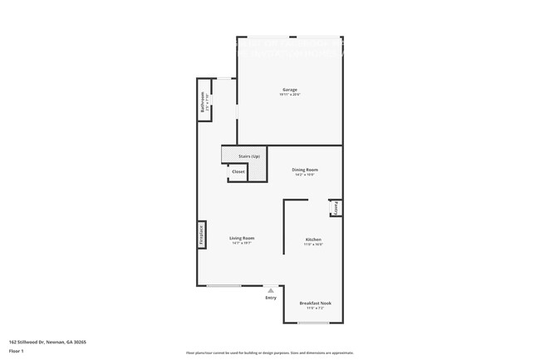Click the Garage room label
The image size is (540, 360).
pos(289,90)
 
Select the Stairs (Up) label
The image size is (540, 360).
pos(249,156)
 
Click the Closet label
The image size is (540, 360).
pos(238,171)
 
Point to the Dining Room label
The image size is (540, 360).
pos(305,170)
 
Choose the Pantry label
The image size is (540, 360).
pos(337,208)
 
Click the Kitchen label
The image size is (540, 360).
pos(313,239)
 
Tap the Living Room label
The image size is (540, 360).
pos(241,239)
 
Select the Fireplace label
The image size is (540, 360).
pos(201,235)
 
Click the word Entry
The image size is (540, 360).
pos(271,297)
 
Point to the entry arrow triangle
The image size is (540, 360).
pos(271,289)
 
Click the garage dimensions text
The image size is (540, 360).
pos(289,95)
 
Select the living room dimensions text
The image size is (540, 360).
pos(241,244)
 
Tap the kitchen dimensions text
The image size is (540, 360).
pos(313,244)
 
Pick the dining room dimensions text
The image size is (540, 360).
pos(305,175)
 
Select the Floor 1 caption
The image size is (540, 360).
pos(17,352)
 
